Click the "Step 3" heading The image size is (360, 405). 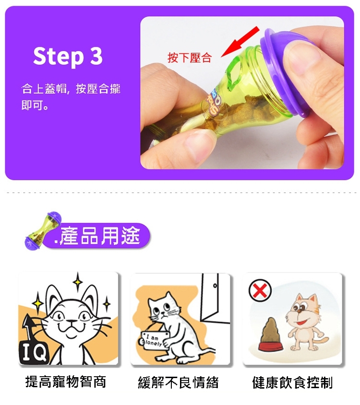point(68,57)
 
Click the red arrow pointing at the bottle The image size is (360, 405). point(240,41)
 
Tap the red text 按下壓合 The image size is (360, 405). point(190,58)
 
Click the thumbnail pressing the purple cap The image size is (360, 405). point(300,59)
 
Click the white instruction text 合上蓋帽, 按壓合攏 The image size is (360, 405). point(71,89)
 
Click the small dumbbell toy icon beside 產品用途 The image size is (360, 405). point(43,231)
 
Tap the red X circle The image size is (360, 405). point(260,291)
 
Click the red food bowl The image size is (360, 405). point(271,346)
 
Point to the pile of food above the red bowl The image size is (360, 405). point(270,330)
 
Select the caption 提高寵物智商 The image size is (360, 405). point(66,382)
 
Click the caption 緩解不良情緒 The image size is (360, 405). point(179,382)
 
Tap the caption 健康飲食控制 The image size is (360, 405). point(292,382)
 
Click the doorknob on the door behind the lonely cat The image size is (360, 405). point(215,286)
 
